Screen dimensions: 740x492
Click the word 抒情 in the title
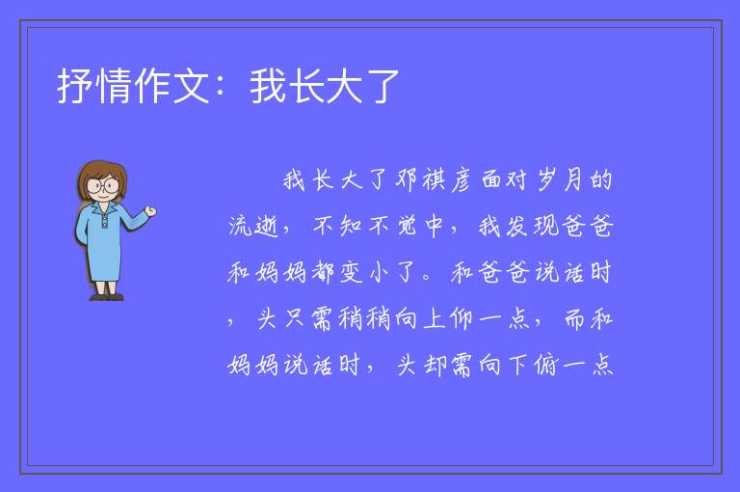click(93, 86)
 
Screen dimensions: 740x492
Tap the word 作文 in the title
click(172, 86)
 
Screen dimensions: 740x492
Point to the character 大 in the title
click(343, 86)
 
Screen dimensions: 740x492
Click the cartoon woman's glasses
click(103, 184)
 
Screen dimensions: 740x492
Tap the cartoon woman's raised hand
click(150, 211)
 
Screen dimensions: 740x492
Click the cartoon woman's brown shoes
click(107, 296)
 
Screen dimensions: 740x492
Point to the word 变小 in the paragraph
click(365, 272)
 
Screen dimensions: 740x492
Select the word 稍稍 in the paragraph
click(365, 318)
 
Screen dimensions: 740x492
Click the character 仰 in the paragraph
click(461, 318)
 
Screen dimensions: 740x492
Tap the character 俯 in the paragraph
click(546, 365)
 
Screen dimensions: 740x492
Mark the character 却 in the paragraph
click(436, 365)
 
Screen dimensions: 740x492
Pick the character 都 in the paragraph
click(323, 272)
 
